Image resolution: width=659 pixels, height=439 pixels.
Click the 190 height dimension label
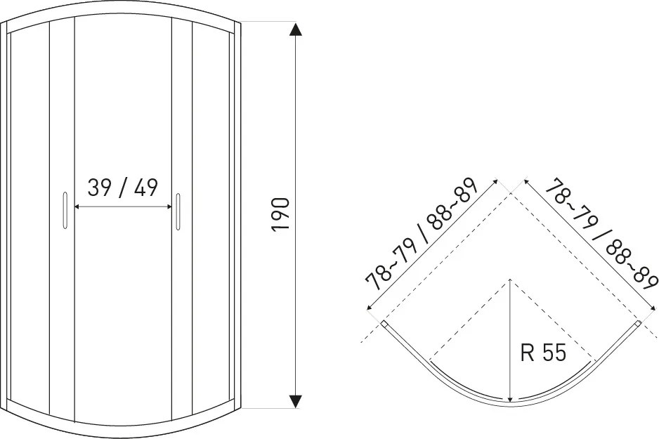tap(281, 214)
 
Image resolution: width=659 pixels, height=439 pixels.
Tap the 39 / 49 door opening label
tap(123, 188)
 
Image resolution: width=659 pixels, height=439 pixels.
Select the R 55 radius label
tap(543, 352)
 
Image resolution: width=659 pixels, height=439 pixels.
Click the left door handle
tap(65, 211)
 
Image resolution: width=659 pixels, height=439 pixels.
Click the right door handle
tap(178, 211)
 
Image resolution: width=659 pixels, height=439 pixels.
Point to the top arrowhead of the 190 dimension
tap(296, 30)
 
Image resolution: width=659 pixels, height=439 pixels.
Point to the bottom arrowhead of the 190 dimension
tap(296, 401)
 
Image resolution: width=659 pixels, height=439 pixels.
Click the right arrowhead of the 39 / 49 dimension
tap(169, 207)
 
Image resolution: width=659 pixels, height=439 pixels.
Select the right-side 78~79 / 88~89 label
tap(601, 234)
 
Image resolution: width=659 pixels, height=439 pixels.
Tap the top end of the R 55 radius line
tap(510, 279)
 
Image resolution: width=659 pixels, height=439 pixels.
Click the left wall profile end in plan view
tap(384, 324)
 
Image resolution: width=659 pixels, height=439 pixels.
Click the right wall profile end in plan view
tap(639, 324)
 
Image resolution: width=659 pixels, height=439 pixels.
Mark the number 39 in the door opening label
tap(99, 188)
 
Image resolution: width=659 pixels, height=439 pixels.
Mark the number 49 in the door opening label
tap(146, 188)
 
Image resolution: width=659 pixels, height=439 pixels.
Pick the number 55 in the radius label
tap(554, 352)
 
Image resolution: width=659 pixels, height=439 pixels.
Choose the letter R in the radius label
tap(527, 352)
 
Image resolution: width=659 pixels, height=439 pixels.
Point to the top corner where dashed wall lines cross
tap(511, 193)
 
